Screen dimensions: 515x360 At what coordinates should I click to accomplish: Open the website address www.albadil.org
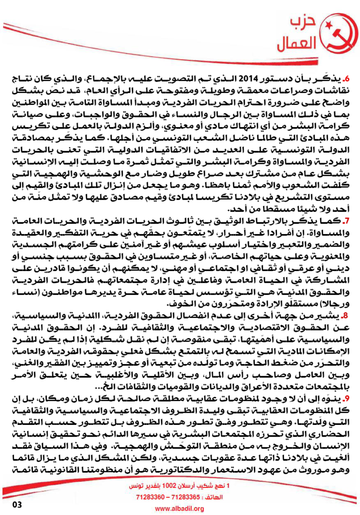(180, 509)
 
